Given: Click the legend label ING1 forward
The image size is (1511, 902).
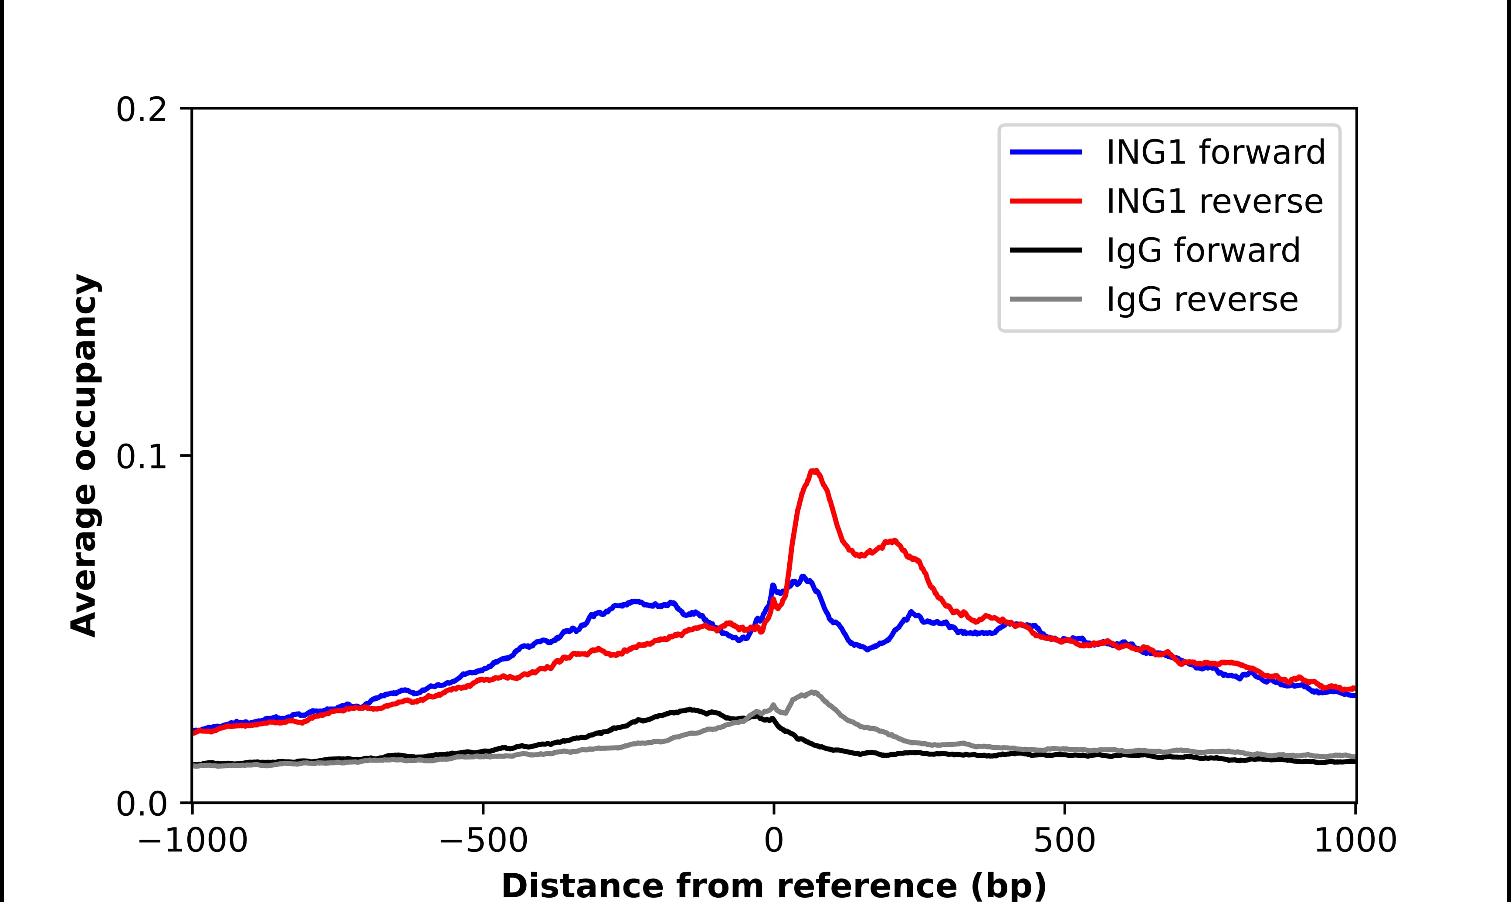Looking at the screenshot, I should point(1215,152).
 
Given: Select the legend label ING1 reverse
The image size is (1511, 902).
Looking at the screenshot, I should point(1214,201).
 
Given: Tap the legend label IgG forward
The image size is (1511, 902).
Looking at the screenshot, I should point(1203,251).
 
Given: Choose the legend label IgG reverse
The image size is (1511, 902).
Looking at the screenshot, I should point(1202,300).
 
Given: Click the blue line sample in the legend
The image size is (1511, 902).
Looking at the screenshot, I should point(1046,152).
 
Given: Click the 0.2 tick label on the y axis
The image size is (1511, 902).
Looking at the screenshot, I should point(141,111).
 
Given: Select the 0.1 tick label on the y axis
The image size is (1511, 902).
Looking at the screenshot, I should point(141,457).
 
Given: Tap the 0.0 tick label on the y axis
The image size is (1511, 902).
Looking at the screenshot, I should point(141,804).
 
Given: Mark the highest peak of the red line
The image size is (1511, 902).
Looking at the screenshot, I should point(815,471).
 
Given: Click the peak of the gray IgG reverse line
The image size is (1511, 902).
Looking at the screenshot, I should point(812,692).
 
